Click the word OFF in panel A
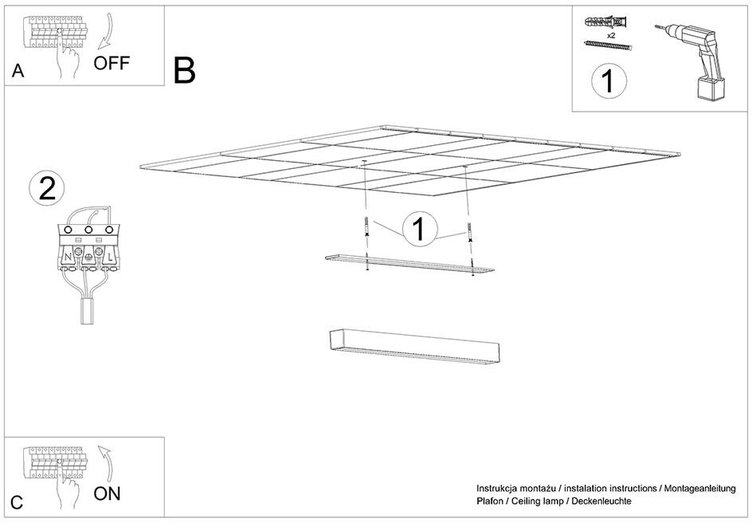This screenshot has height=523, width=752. click(x=112, y=63)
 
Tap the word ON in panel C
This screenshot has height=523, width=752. click(x=107, y=494)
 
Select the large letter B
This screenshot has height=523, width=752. click(x=185, y=70)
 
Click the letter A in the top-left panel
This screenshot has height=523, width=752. click(x=18, y=71)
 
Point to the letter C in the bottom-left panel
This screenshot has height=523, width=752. click(x=17, y=502)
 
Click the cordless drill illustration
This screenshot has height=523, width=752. click(x=692, y=62)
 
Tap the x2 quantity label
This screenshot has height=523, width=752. click(x=611, y=36)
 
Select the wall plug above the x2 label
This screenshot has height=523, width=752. click(x=606, y=22)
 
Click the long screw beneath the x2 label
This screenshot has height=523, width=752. click(x=608, y=45)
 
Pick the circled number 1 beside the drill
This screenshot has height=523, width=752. click(x=609, y=81)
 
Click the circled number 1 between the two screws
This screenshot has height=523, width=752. click(x=420, y=230)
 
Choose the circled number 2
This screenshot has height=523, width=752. click(x=47, y=189)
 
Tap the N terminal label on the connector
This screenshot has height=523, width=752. click(x=68, y=258)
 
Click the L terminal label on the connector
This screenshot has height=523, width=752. click(x=110, y=258)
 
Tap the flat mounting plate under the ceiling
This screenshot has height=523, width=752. click(x=409, y=265)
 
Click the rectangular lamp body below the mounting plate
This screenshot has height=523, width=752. click(x=415, y=345)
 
